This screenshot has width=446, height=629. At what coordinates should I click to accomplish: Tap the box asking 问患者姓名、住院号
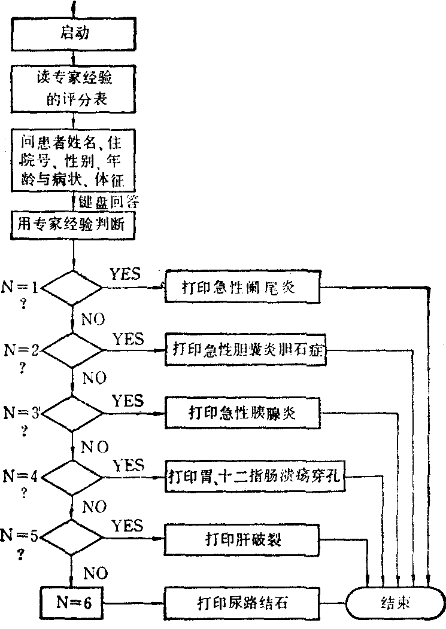pos(73,160)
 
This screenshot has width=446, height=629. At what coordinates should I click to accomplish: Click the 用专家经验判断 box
pos(73,225)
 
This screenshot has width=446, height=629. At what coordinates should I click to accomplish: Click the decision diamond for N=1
pos(72,288)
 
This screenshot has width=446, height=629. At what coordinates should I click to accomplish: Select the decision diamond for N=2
pos(72,350)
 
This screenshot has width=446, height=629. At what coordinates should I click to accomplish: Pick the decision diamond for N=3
pos(72,413)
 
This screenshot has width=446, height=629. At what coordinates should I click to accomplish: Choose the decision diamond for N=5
pos(72,538)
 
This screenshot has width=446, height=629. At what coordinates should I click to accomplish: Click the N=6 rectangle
pos(72,602)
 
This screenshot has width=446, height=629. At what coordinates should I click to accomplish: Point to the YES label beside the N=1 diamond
pos(125,274)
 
